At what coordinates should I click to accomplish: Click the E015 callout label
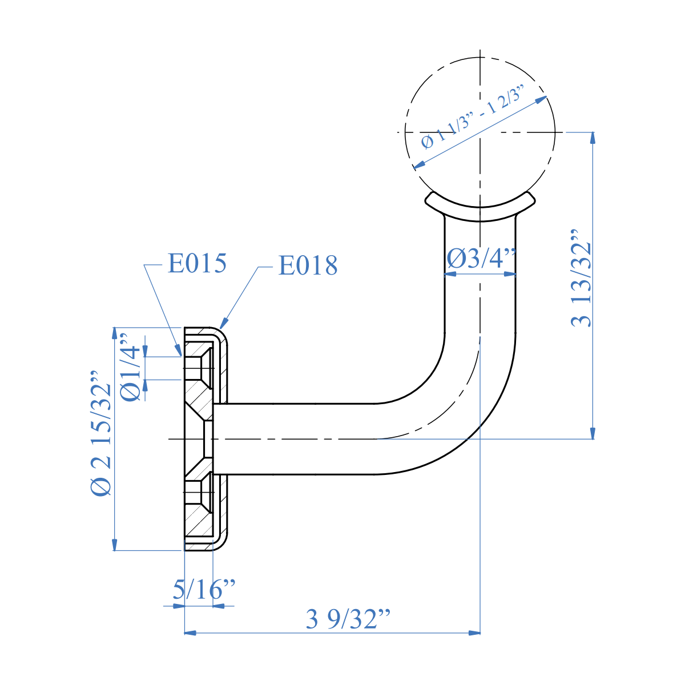coord(197,263)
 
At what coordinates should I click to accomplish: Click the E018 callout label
coord(308,265)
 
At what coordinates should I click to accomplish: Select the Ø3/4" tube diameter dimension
coord(481,259)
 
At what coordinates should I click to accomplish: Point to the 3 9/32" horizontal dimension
coord(348,619)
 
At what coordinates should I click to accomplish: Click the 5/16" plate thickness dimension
coord(204,589)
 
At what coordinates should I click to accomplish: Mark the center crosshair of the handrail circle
coord(481,132)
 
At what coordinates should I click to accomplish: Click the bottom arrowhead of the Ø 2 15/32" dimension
coord(115,545)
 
